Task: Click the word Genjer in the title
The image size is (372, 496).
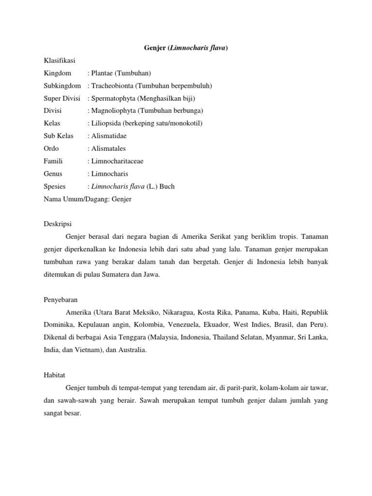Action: pyautogui.click(x=155, y=48)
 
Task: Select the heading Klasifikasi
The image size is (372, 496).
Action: pyautogui.click(x=59, y=61)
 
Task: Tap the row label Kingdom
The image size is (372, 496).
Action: pyautogui.click(x=57, y=73)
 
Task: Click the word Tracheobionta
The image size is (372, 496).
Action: pyautogui.click(x=112, y=86)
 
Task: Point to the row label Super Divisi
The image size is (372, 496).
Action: pyautogui.click(x=62, y=98)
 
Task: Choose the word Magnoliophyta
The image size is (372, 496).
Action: pyautogui.click(x=114, y=111)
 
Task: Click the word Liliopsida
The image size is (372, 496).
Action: pyautogui.click(x=107, y=124)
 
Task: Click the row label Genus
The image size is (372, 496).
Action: pyautogui.click(x=53, y=174)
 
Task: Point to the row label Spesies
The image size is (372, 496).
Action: pyautogui.click(x=54, y=186)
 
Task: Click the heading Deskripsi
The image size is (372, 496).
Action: pyautogui.click(x=58, y=224)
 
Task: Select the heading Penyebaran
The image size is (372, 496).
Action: pyautogui.click(x=61, y=300)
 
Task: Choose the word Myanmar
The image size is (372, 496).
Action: pyautogui.click(x=279, y=338)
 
